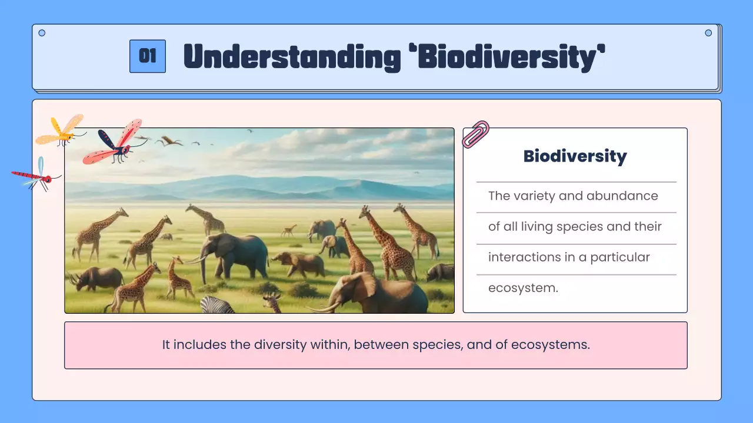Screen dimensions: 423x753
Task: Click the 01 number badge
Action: [147, 56]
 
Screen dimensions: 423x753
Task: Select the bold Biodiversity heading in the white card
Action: [575, 156]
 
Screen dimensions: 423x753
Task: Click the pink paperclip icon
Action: [475, 134]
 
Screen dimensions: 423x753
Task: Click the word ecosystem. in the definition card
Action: [523, 288]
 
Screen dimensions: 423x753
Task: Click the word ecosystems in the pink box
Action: [550, 345]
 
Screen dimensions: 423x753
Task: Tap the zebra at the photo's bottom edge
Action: [217, 305]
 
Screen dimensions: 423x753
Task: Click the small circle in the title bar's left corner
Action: [42, 33]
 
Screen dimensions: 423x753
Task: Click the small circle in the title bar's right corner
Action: [708, 33]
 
